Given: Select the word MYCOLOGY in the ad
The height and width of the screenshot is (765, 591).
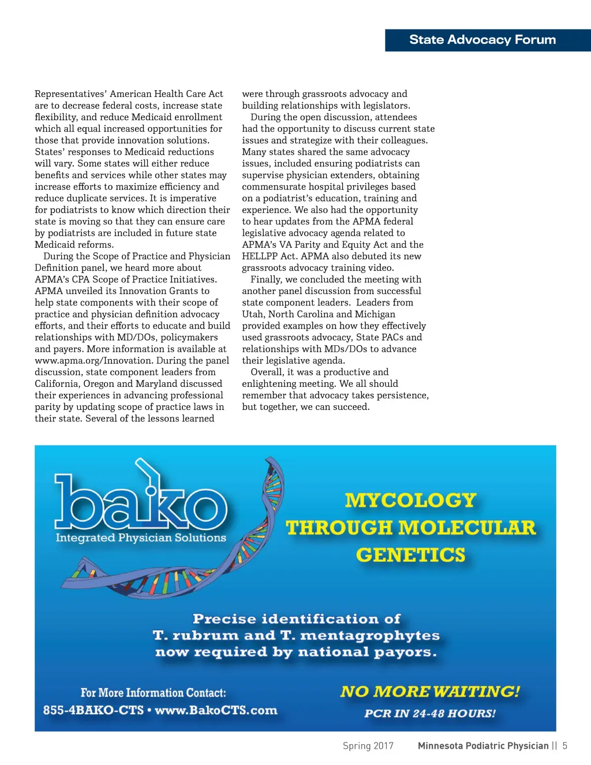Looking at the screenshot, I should click(x=410, y=501).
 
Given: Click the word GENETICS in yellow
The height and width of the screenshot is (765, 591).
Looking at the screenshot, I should click(x=410, y=555).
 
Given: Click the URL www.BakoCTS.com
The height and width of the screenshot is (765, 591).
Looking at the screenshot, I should click(x=216, y=710).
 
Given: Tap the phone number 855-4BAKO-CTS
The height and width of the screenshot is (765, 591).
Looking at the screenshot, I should click(x=93, y=710).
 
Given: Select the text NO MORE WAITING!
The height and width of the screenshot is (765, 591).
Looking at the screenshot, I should click(x=430, y=692).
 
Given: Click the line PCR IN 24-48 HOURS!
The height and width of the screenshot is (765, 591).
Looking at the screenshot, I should click(x=430, y=714).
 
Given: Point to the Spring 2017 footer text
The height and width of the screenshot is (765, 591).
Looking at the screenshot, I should click(x=368, y=746).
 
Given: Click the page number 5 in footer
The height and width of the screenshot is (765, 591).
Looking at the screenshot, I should click(x=565, y=746).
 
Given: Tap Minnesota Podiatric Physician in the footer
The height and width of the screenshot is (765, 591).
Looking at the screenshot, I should click(x=483, y=746).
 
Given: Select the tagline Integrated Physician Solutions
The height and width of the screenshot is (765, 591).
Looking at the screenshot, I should click(x=141, y=538).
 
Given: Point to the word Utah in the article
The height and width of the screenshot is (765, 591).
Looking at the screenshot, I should click(x=252, y=314).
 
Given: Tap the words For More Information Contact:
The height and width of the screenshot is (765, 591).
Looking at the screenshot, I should click(x=153, y=693).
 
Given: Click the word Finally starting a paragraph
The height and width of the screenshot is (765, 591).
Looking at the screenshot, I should click(x=267, y=279).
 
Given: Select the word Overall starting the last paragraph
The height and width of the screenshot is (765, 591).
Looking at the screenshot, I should click(x=267, y=372).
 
